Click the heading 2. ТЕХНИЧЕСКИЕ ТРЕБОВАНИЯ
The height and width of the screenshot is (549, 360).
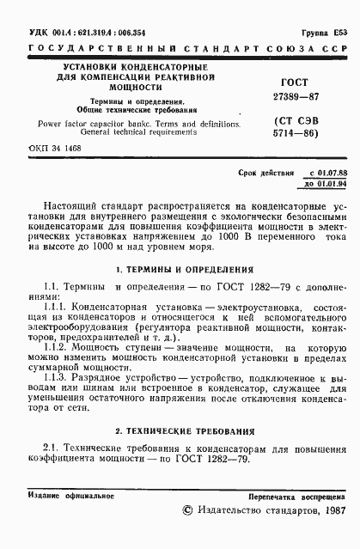[180, 430]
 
